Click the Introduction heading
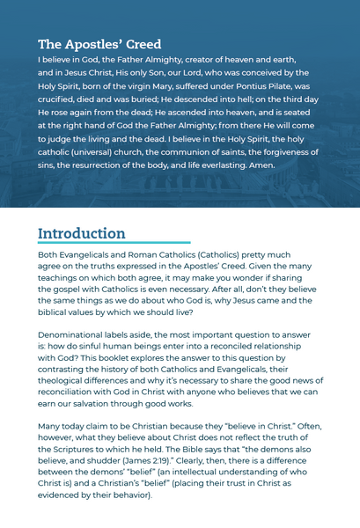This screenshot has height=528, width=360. (82, 233)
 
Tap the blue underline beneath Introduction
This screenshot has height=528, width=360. (114, 242)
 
